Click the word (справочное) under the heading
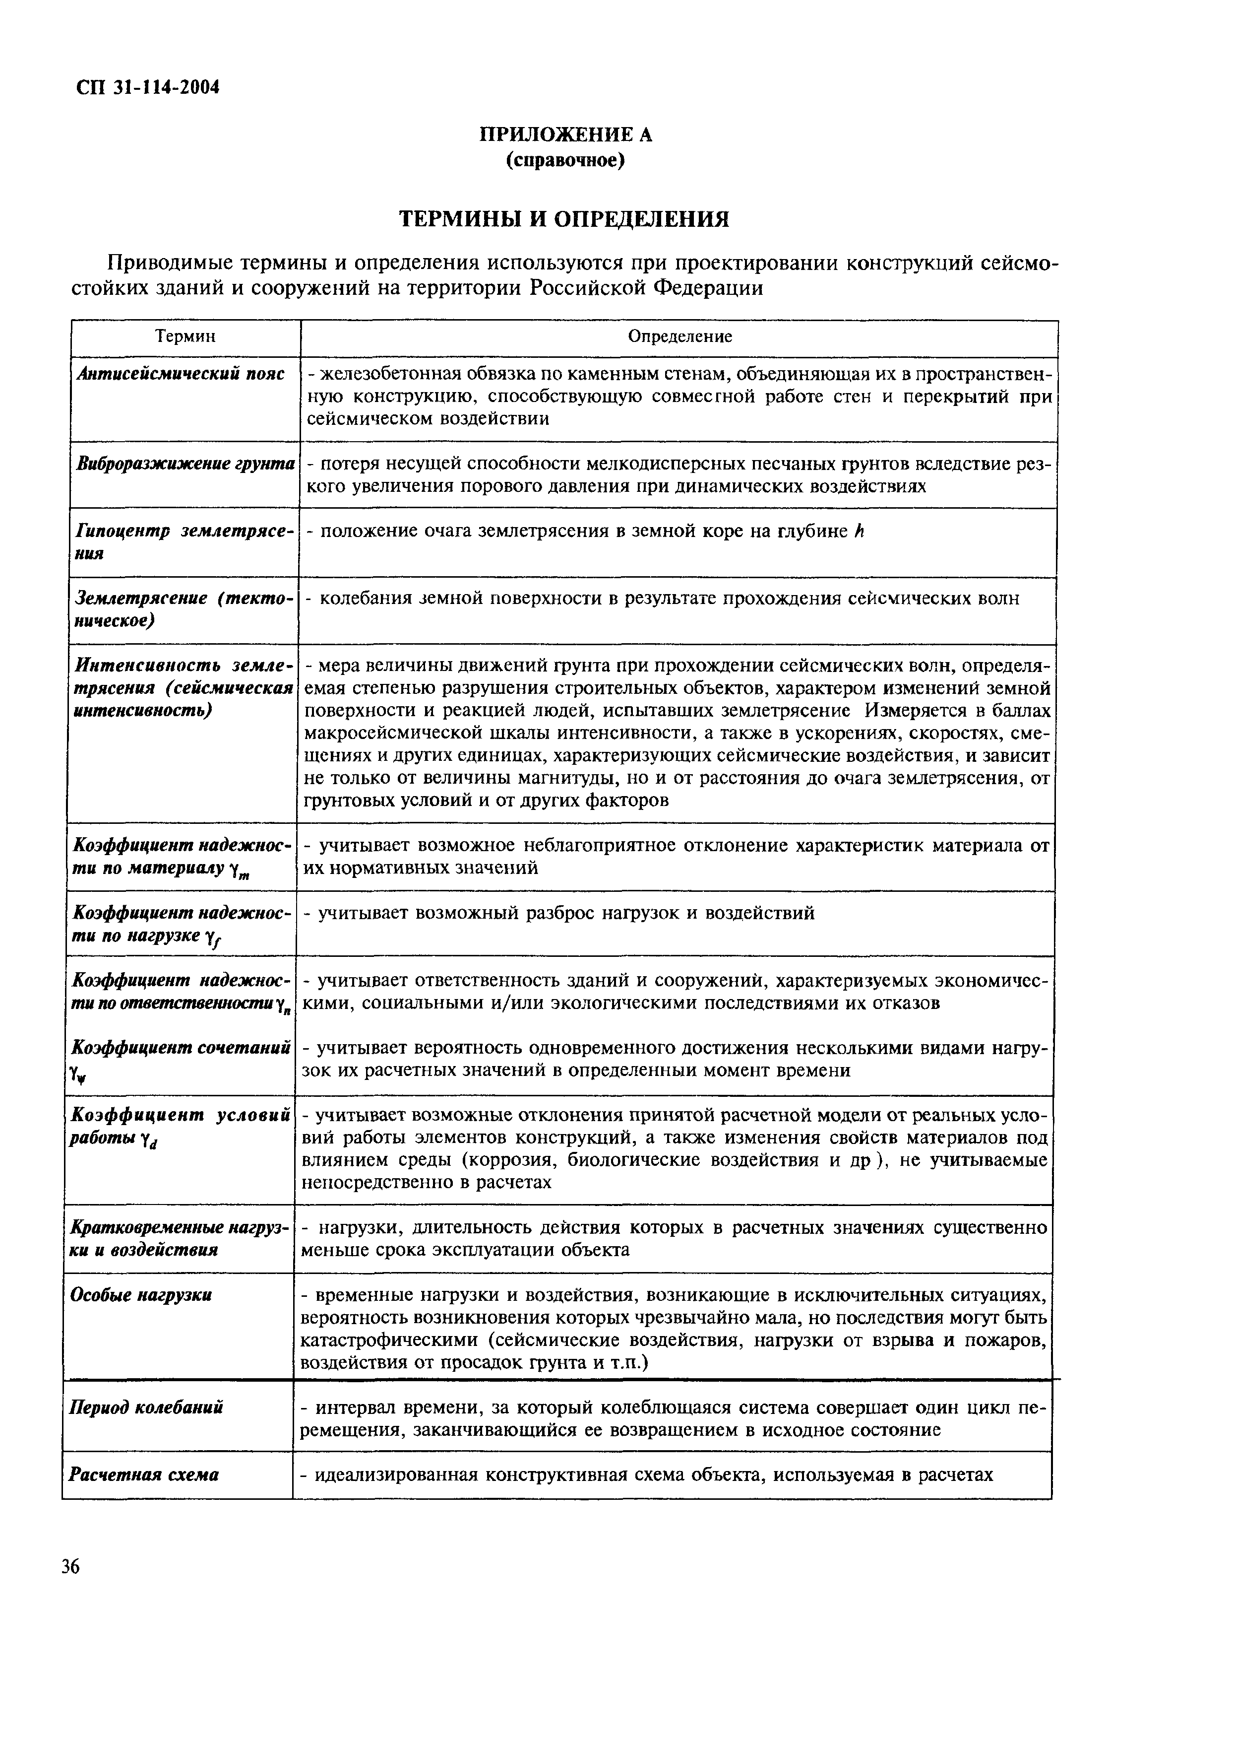pos(565,161)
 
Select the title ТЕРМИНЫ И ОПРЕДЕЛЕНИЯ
pos(564,220)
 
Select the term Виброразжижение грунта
pos(185,464)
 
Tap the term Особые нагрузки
pos(141,1294)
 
